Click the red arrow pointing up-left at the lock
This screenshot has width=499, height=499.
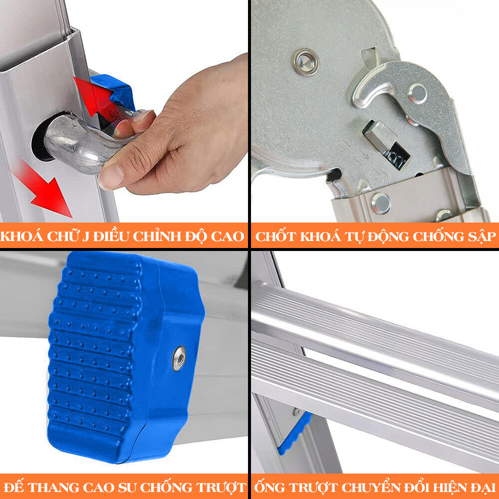(95, 95)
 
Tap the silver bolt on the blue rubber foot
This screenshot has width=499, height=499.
(179, 358)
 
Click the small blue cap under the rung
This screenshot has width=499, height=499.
(295, 433)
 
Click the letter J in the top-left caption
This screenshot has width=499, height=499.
(85, 237)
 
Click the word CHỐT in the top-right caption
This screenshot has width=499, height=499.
(275, 237)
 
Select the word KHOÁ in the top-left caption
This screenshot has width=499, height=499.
(22, 236)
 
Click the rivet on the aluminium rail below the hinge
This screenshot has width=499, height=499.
(381, 204)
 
